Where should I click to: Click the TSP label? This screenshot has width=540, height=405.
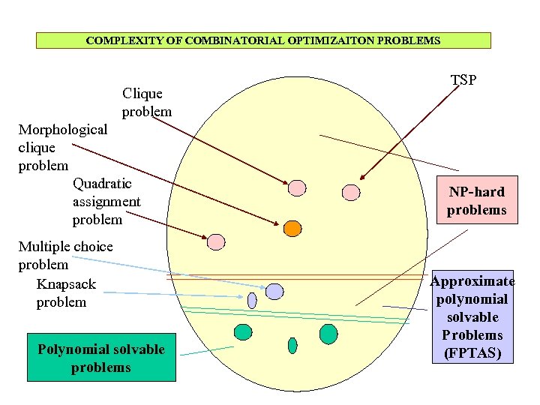tap(463, 79)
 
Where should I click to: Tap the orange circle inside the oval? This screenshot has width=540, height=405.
tap(292, 227)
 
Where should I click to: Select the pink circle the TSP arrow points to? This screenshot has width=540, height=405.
tap(351, 193)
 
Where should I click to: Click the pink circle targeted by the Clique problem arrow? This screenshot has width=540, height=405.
tap(298, 187)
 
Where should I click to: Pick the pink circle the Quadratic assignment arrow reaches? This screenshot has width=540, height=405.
tap(216, 241)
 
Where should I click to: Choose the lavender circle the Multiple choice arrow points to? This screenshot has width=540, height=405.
tap(274, 291)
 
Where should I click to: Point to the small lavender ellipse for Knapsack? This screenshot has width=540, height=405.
tap(252, 301)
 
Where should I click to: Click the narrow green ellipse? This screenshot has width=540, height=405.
tap(292, 345)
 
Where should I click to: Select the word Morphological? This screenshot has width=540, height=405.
tap(63, 129)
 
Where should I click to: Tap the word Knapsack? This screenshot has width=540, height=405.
tap(66, 284)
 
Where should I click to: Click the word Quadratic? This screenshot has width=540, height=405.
tap(102, 183)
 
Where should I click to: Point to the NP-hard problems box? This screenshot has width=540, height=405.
tap(476, 200)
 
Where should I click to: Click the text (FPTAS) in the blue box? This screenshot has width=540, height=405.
tap(472, 352)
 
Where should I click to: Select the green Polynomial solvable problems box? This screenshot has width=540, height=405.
tap(100, 358)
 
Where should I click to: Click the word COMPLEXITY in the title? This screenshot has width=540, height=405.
tap(117, 40)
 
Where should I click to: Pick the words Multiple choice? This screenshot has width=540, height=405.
tap(65, 246)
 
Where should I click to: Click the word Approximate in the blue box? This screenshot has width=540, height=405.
tap(472, 281)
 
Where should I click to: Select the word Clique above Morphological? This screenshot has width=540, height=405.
tap(142, 94)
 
